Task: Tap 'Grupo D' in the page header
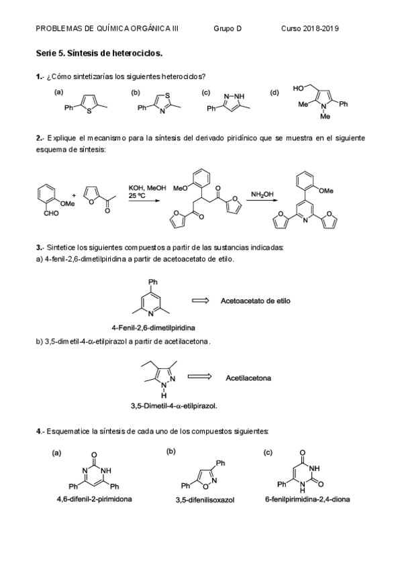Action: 228,28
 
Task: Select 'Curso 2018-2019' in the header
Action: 310,28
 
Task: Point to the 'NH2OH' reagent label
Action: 261,195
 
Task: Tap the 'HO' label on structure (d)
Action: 299,88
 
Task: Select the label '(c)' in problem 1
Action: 205,93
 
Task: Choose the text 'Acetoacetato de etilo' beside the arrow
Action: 256,301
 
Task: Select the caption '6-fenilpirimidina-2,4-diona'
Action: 307,499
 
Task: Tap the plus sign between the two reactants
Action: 74,195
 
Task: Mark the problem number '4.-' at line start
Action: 40,429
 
